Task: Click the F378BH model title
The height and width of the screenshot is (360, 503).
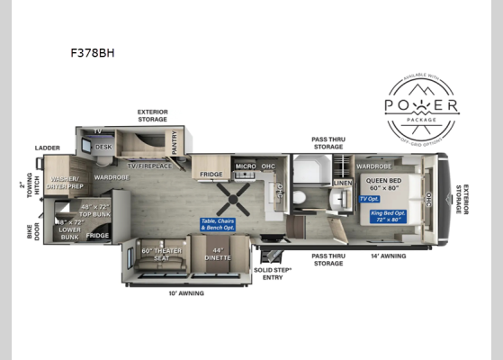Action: [x=94, y=52]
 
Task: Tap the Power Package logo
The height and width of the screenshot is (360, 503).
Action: [x=421, y=106]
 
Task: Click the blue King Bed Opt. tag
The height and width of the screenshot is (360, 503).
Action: [x=389, y=216]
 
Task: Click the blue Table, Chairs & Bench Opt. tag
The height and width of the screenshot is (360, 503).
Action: [x=220, y=223]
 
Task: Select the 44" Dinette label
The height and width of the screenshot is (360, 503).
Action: [x=216, y=255]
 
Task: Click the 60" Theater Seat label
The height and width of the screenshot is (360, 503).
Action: [x=156, y=255]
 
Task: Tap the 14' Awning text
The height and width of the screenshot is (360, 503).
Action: [x=388, y=256]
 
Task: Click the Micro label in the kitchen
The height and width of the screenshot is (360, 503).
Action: [x=247, y=166]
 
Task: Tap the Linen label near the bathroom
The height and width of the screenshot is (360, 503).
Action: [x=342, y=183]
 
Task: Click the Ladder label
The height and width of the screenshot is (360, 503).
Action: [x=47, y=148]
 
